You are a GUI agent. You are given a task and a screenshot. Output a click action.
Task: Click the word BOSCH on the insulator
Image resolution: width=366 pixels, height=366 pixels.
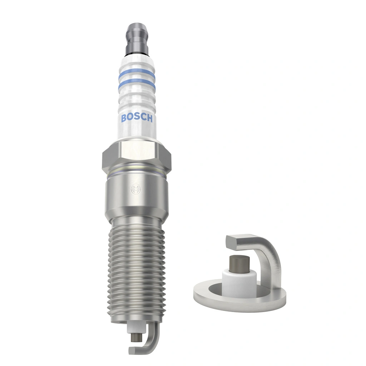tap(137, 118)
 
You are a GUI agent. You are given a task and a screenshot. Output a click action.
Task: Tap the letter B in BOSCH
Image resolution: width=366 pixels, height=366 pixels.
tap(124, 118)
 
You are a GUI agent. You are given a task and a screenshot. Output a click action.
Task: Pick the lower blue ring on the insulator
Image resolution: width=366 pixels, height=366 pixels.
tap(137, 85)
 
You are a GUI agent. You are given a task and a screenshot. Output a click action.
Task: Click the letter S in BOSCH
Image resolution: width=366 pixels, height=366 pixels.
tap(137, 118)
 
